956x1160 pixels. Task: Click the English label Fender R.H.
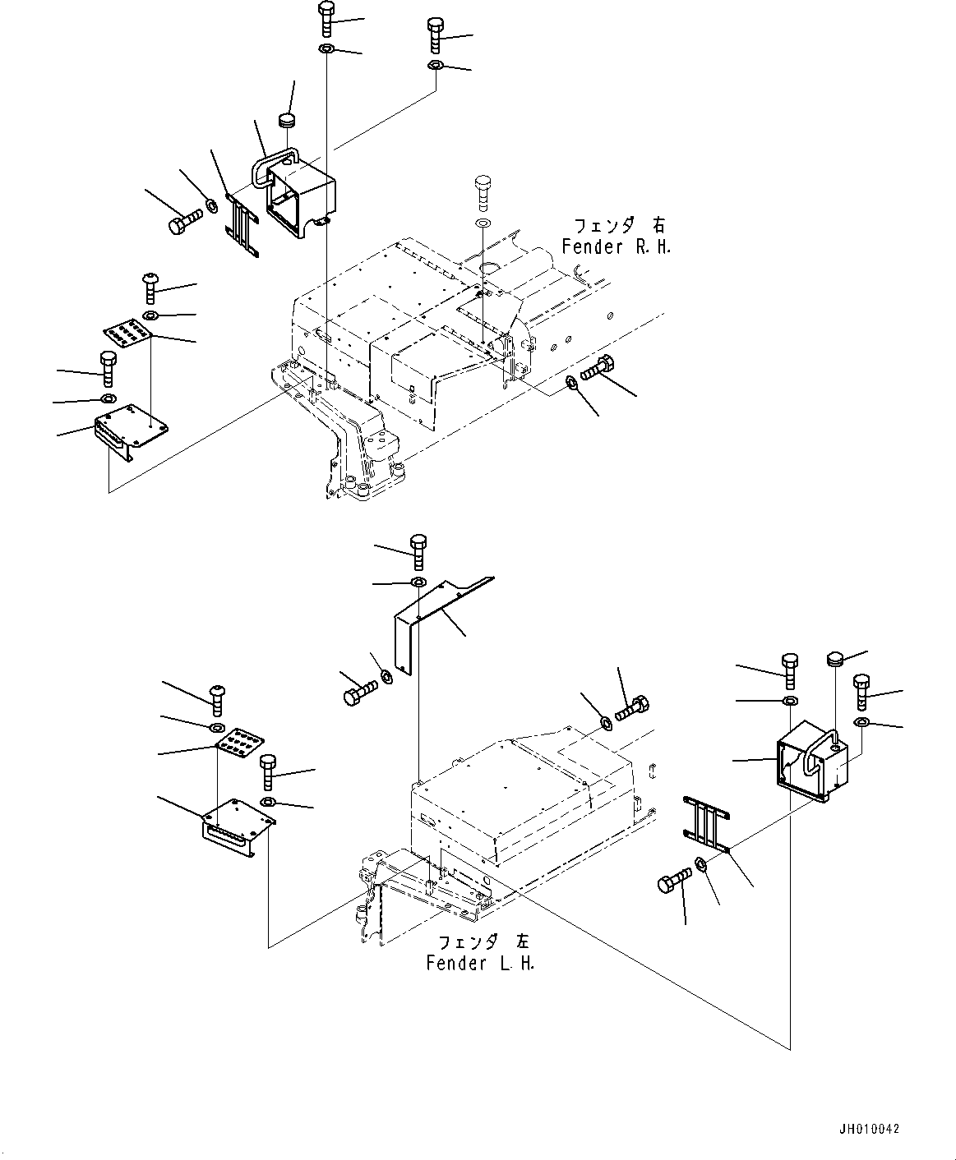(x=616, y=246)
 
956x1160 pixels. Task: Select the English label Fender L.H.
(x=480, y=964)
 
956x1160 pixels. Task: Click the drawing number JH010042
(x=870, y=1129)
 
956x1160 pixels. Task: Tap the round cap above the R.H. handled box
(x=288, y=121)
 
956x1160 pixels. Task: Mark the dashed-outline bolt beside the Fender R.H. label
(x=483, y=194)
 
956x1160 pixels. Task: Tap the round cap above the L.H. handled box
(x=835, y=658)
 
